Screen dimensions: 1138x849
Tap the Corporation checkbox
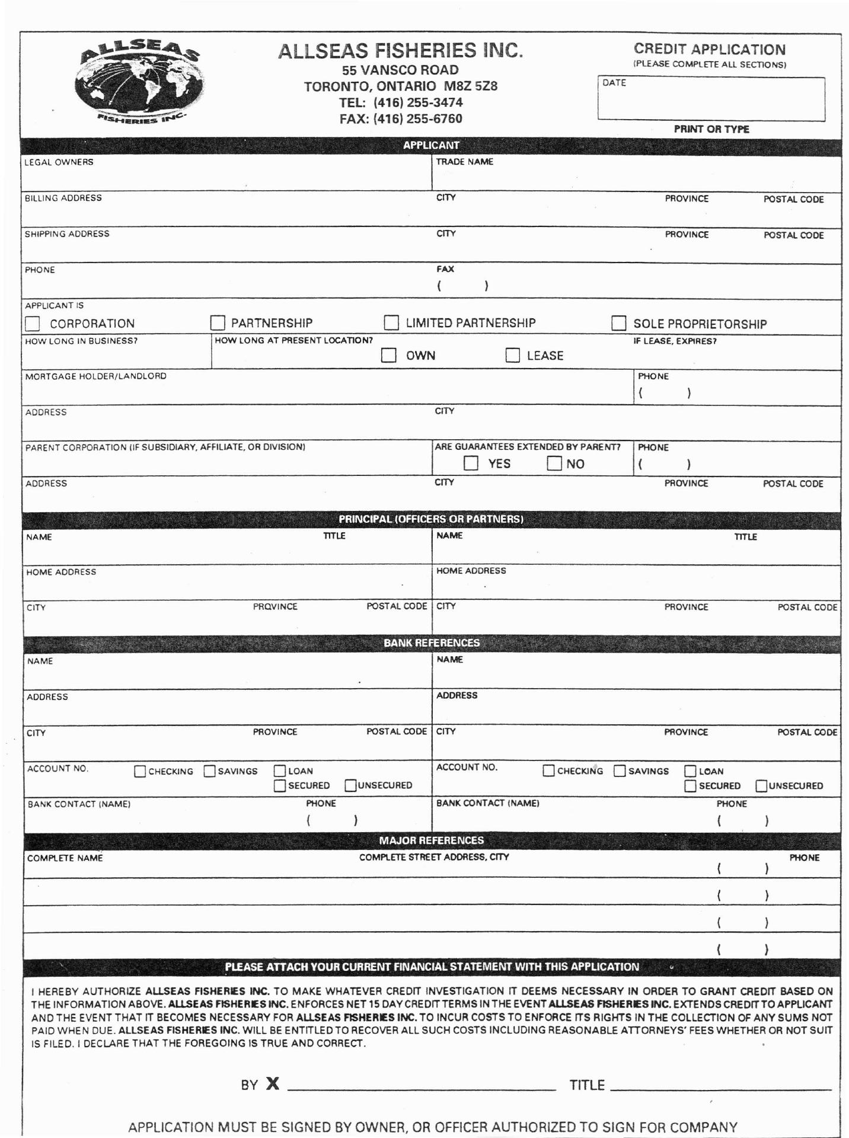33,324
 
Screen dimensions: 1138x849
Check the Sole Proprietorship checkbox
618,323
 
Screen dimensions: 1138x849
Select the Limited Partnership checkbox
391,322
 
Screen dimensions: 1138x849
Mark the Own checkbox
388,355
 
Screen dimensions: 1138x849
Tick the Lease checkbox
512,355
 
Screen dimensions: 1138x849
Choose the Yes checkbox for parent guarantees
471,463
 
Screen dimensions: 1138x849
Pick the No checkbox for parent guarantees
554,463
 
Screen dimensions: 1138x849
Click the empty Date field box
711,100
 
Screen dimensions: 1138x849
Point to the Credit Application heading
709,49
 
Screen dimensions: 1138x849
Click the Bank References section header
431,643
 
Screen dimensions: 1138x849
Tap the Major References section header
431,840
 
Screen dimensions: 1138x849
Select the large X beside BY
272,1084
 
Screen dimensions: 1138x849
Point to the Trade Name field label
464,162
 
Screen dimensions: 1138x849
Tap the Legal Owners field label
59,162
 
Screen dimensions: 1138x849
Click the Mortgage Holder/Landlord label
95,376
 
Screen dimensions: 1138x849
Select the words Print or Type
711,129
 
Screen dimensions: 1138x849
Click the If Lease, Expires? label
675,341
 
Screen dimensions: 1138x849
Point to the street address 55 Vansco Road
400,70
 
